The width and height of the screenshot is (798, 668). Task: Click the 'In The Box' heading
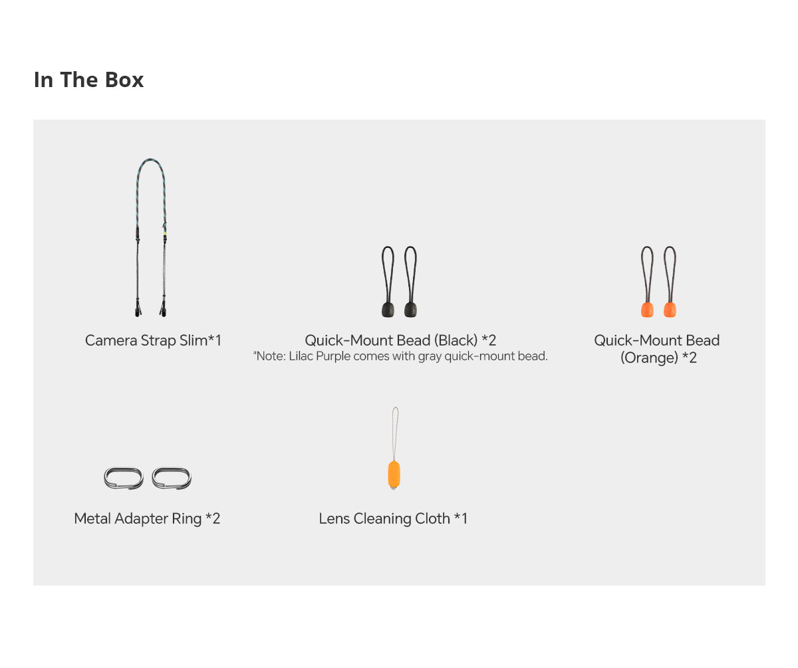[88, 80]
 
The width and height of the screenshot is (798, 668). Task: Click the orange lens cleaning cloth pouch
[394, 475]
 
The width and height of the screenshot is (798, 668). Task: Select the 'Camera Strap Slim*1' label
[153, 340]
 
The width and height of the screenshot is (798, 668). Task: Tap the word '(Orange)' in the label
[649, 358]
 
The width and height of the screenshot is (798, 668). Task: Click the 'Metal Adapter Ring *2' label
[147, 518]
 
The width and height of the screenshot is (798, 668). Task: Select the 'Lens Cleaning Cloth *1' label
[393, 518]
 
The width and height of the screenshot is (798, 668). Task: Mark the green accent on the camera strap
[165, 233]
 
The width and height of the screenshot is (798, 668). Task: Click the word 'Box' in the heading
[124, 80]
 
